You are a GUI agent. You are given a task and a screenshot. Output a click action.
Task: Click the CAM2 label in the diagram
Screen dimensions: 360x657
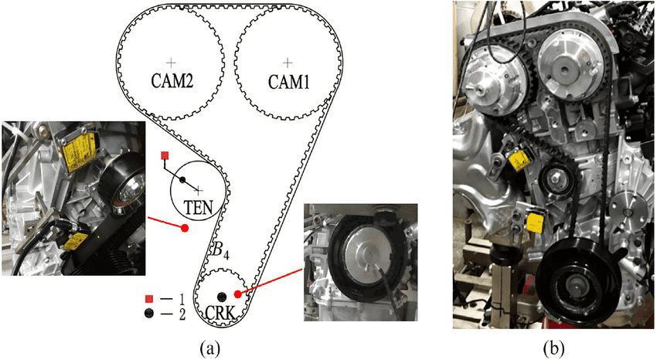click(x=172, y=80)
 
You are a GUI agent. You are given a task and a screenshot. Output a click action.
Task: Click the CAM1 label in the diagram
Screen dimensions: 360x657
click(x=288, y=80)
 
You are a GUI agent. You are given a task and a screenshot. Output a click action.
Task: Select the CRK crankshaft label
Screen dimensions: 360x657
click(x=221, y=314)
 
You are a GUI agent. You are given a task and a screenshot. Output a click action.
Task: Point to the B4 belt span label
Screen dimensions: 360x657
click(x=221, y=250)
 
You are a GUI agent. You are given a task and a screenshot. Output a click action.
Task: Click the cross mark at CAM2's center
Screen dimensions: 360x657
click(x=172, y=61)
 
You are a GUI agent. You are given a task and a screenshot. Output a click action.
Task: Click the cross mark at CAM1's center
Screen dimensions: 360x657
click(x=288, y=61)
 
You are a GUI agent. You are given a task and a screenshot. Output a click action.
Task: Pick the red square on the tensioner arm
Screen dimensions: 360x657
click(x=164, y=156)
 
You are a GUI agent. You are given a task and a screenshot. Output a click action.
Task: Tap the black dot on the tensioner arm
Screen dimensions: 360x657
click(x=183, y=181)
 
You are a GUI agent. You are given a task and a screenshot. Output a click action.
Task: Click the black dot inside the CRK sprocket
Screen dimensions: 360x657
click(x=223, y=296)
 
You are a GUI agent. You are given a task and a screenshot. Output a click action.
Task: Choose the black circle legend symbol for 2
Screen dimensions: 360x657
click(x=148, y=313)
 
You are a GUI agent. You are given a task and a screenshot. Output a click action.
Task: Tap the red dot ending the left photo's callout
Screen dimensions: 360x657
click(x=184, y=228)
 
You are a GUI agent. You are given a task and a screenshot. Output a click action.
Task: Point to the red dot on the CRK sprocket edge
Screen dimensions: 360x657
click(x=237, y=294)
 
